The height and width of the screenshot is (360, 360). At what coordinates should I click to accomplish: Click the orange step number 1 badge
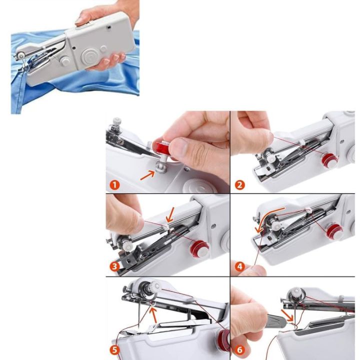coord(115,185)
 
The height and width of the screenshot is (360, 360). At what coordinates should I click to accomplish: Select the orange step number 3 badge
coord(115,266)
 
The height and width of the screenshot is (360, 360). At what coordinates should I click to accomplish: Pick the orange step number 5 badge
coord(115,350)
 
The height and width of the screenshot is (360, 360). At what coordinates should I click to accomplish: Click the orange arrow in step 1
coord(147,174)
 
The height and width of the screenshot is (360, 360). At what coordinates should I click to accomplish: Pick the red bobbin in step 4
coord(334,231)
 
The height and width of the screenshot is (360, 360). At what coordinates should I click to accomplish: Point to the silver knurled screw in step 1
coord(117,122)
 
